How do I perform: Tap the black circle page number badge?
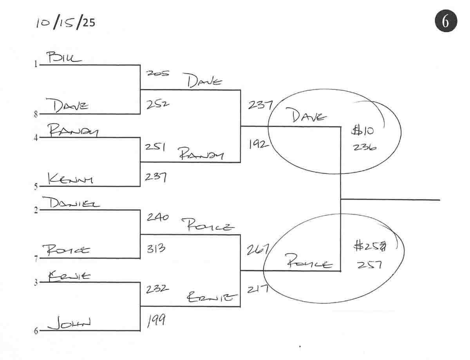click(x=446, y=21)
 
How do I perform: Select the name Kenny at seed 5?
click(x=70, y=179)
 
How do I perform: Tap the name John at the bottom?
click(x=69, y=324)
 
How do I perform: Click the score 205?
click(x=157, y=73)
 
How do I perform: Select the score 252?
click(x=157, y=105)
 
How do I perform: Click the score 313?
click(x=156, y=248)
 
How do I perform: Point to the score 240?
click(x=157, y=217)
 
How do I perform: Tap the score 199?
click(x=156, y=321)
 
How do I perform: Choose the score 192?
click(x=258, y=145)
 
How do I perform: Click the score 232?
click(x=157, y=289)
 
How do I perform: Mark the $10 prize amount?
click(x=363, y=130)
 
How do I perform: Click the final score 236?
click(x=365, y=147)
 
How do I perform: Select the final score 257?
click(x=369, y=265)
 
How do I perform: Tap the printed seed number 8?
click(x=36, y=115)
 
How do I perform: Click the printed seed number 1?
click(x=36, y=65)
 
